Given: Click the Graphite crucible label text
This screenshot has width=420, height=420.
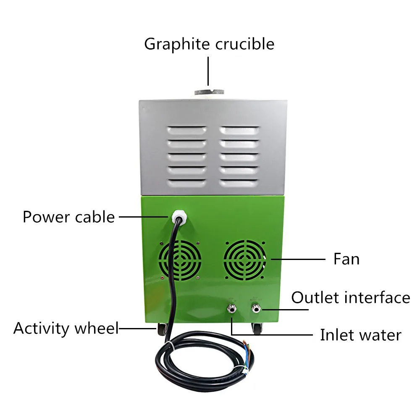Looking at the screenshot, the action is [209, 44].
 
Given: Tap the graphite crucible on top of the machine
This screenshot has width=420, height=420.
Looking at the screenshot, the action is [208, 92].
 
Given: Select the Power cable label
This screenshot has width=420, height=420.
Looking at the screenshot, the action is [68, 217].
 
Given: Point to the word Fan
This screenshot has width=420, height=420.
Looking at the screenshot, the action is [346, 259].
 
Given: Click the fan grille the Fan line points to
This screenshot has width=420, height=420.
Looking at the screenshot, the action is [245, 260].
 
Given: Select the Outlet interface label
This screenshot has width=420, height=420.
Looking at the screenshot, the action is [350, 298].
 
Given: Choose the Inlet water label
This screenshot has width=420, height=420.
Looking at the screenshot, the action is [360, 335].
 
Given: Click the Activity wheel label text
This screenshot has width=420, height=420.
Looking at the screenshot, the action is [66, 328].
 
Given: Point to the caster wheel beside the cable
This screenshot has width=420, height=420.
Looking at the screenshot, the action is [161, 330].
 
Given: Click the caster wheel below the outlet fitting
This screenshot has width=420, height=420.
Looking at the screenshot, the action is [257, 329].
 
